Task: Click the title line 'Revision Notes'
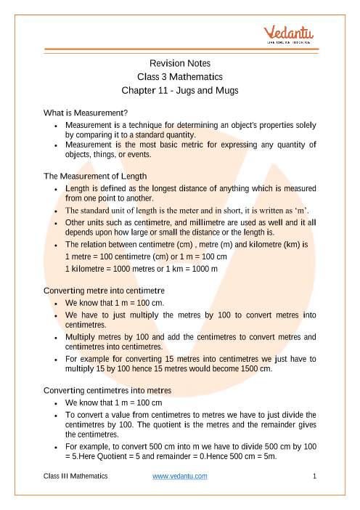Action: [x=179, y=63]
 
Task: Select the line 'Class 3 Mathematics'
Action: [x=179, y=77]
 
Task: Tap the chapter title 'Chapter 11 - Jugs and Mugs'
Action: [x=179, y=92]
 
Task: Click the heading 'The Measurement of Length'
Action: [x=96, y=176]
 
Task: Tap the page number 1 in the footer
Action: [x=314, y=476]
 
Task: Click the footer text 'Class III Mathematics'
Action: [x=75, y=476]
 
